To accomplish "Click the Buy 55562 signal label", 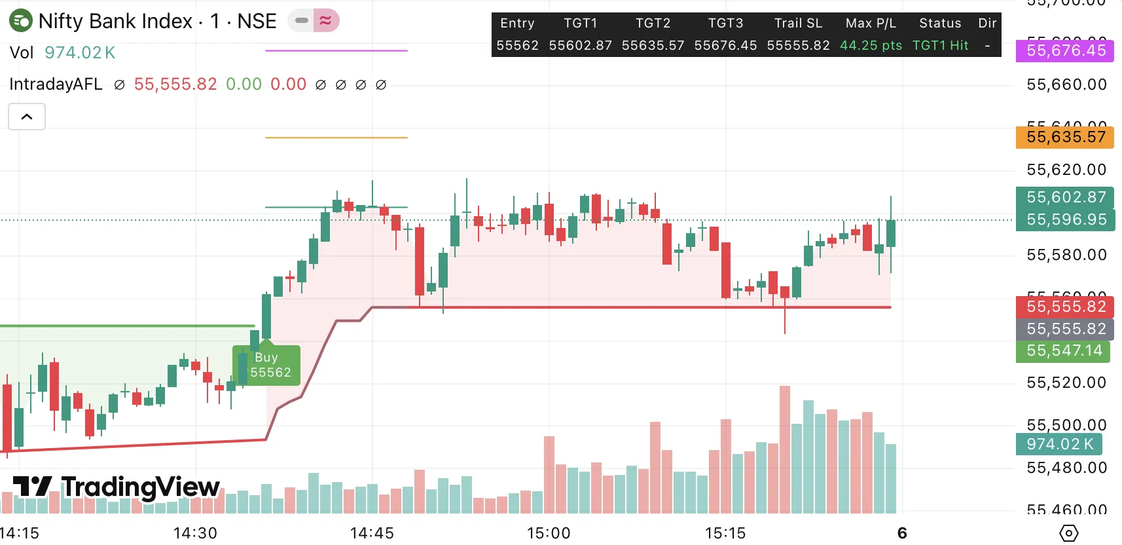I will [x=266, y=366].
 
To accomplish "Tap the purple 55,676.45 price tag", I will [x=1065, y=50].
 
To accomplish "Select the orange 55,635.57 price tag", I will [x=1065, y=137].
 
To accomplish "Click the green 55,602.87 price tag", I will [x=1066, y=197].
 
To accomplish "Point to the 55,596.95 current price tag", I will [x=1066, y=219].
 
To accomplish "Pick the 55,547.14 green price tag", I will [x=1064, y=350].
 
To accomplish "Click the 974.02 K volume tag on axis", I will [x=1059, y=444].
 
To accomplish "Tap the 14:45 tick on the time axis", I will [x=372, y=533].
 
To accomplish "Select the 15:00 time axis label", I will [x=549, y=533].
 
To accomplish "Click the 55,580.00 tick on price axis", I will [x=1066, y=255].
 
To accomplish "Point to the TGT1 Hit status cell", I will [x=940, y=45].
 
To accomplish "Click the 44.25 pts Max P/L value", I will [x=871, y=45].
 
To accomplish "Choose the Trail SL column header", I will [x=798, y=23].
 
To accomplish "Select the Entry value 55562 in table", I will [x=517, y=45].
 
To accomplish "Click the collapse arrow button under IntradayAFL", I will [x=27, y=117].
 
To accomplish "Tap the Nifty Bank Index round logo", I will [x=21, y=21].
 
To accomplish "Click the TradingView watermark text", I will [x=139, y=487].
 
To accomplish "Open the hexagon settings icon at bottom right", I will [x=1068, y=533].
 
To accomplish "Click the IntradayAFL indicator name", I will [x=56, y=85].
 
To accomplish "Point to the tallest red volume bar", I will [x=784, y=449].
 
